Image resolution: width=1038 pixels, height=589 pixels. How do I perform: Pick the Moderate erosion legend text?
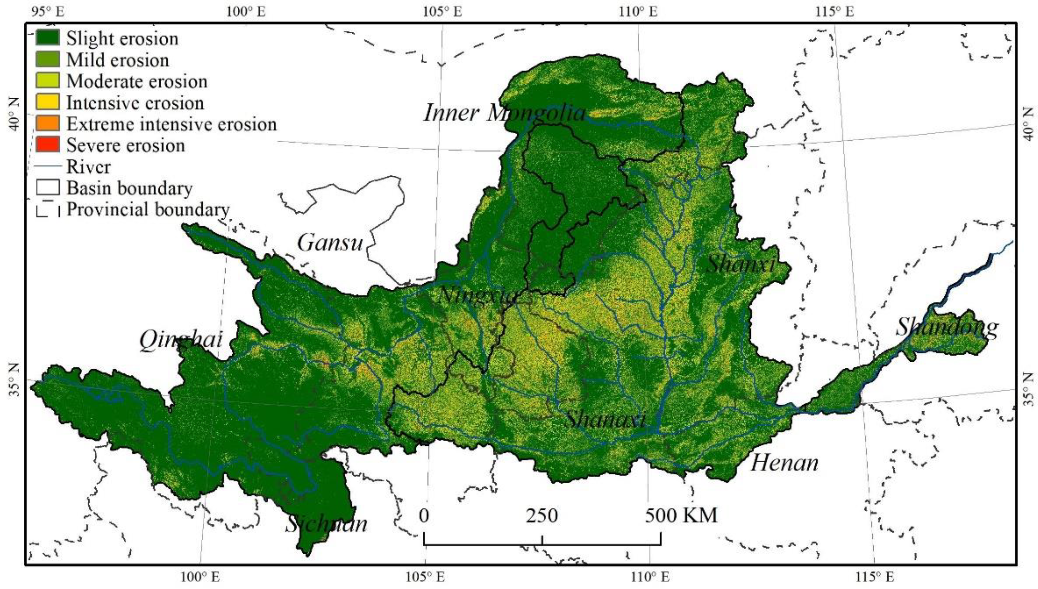(x=137, y=81)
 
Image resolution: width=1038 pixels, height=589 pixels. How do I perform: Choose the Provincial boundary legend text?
(x=148, y=209)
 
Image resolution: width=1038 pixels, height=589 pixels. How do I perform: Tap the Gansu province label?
(x=330, y=243)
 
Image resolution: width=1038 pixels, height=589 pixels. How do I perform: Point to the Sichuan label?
(x=327, y=524)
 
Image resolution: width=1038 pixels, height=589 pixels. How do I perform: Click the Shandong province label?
(x=946, y=327)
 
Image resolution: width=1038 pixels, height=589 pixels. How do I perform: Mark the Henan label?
(x=784, y=462)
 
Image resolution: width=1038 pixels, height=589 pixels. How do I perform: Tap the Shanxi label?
(x=740, y=265)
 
